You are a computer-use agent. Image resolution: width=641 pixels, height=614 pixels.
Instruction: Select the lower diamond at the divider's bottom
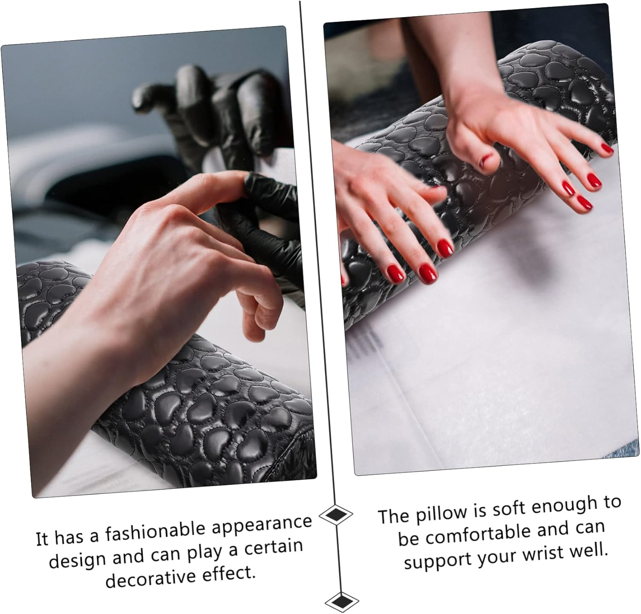(x=341, y=602)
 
